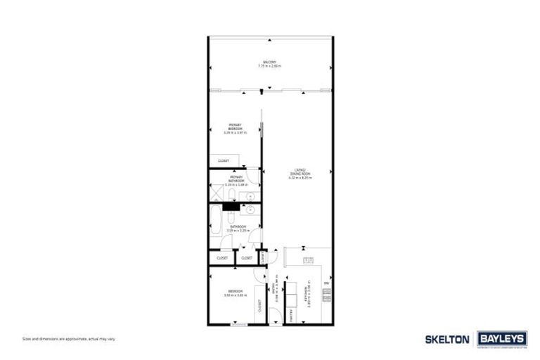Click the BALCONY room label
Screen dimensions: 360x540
pyautogui.click(x=265, y=63)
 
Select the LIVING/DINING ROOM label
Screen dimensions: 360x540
pyautogui.click(x=300, y=173)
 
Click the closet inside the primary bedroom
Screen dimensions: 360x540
pyautogui.click(x=224, y=160)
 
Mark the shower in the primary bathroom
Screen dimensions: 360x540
pyautogui.click(x=218, y=193)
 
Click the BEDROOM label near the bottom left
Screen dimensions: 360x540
pyautogui.click(x=235, y=293)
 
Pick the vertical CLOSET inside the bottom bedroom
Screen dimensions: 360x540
pyautogui.click(x=259, y=304)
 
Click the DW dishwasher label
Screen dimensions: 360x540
pyautogui.click(x=326, y=283)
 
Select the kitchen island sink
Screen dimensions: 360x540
pyautogui.click(x=307, y=261)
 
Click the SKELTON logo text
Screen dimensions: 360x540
pyautogui.click(x=446, y=340)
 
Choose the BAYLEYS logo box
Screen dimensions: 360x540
pyautogui.click(x=502, y=339)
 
